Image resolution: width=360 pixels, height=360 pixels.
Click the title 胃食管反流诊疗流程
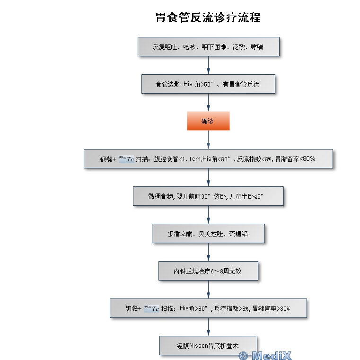pos(208,18)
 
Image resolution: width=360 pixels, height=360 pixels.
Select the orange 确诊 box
pos(208,121)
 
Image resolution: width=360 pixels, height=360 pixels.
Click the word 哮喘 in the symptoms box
pos(257,47)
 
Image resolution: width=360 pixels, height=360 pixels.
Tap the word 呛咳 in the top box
pos(188,47)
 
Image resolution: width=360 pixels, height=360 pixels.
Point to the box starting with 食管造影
pos(208,84)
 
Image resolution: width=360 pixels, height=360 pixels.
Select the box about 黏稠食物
pos(208,196)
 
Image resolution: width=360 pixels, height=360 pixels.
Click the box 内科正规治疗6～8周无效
pos(208,271)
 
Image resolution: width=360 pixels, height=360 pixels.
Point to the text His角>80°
pos(193,308)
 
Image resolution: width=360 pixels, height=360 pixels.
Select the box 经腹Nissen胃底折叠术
pos(208,346)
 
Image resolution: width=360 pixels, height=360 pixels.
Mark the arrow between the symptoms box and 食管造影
pos(208,66)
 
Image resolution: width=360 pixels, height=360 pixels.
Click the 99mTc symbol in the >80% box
pos(151,308)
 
